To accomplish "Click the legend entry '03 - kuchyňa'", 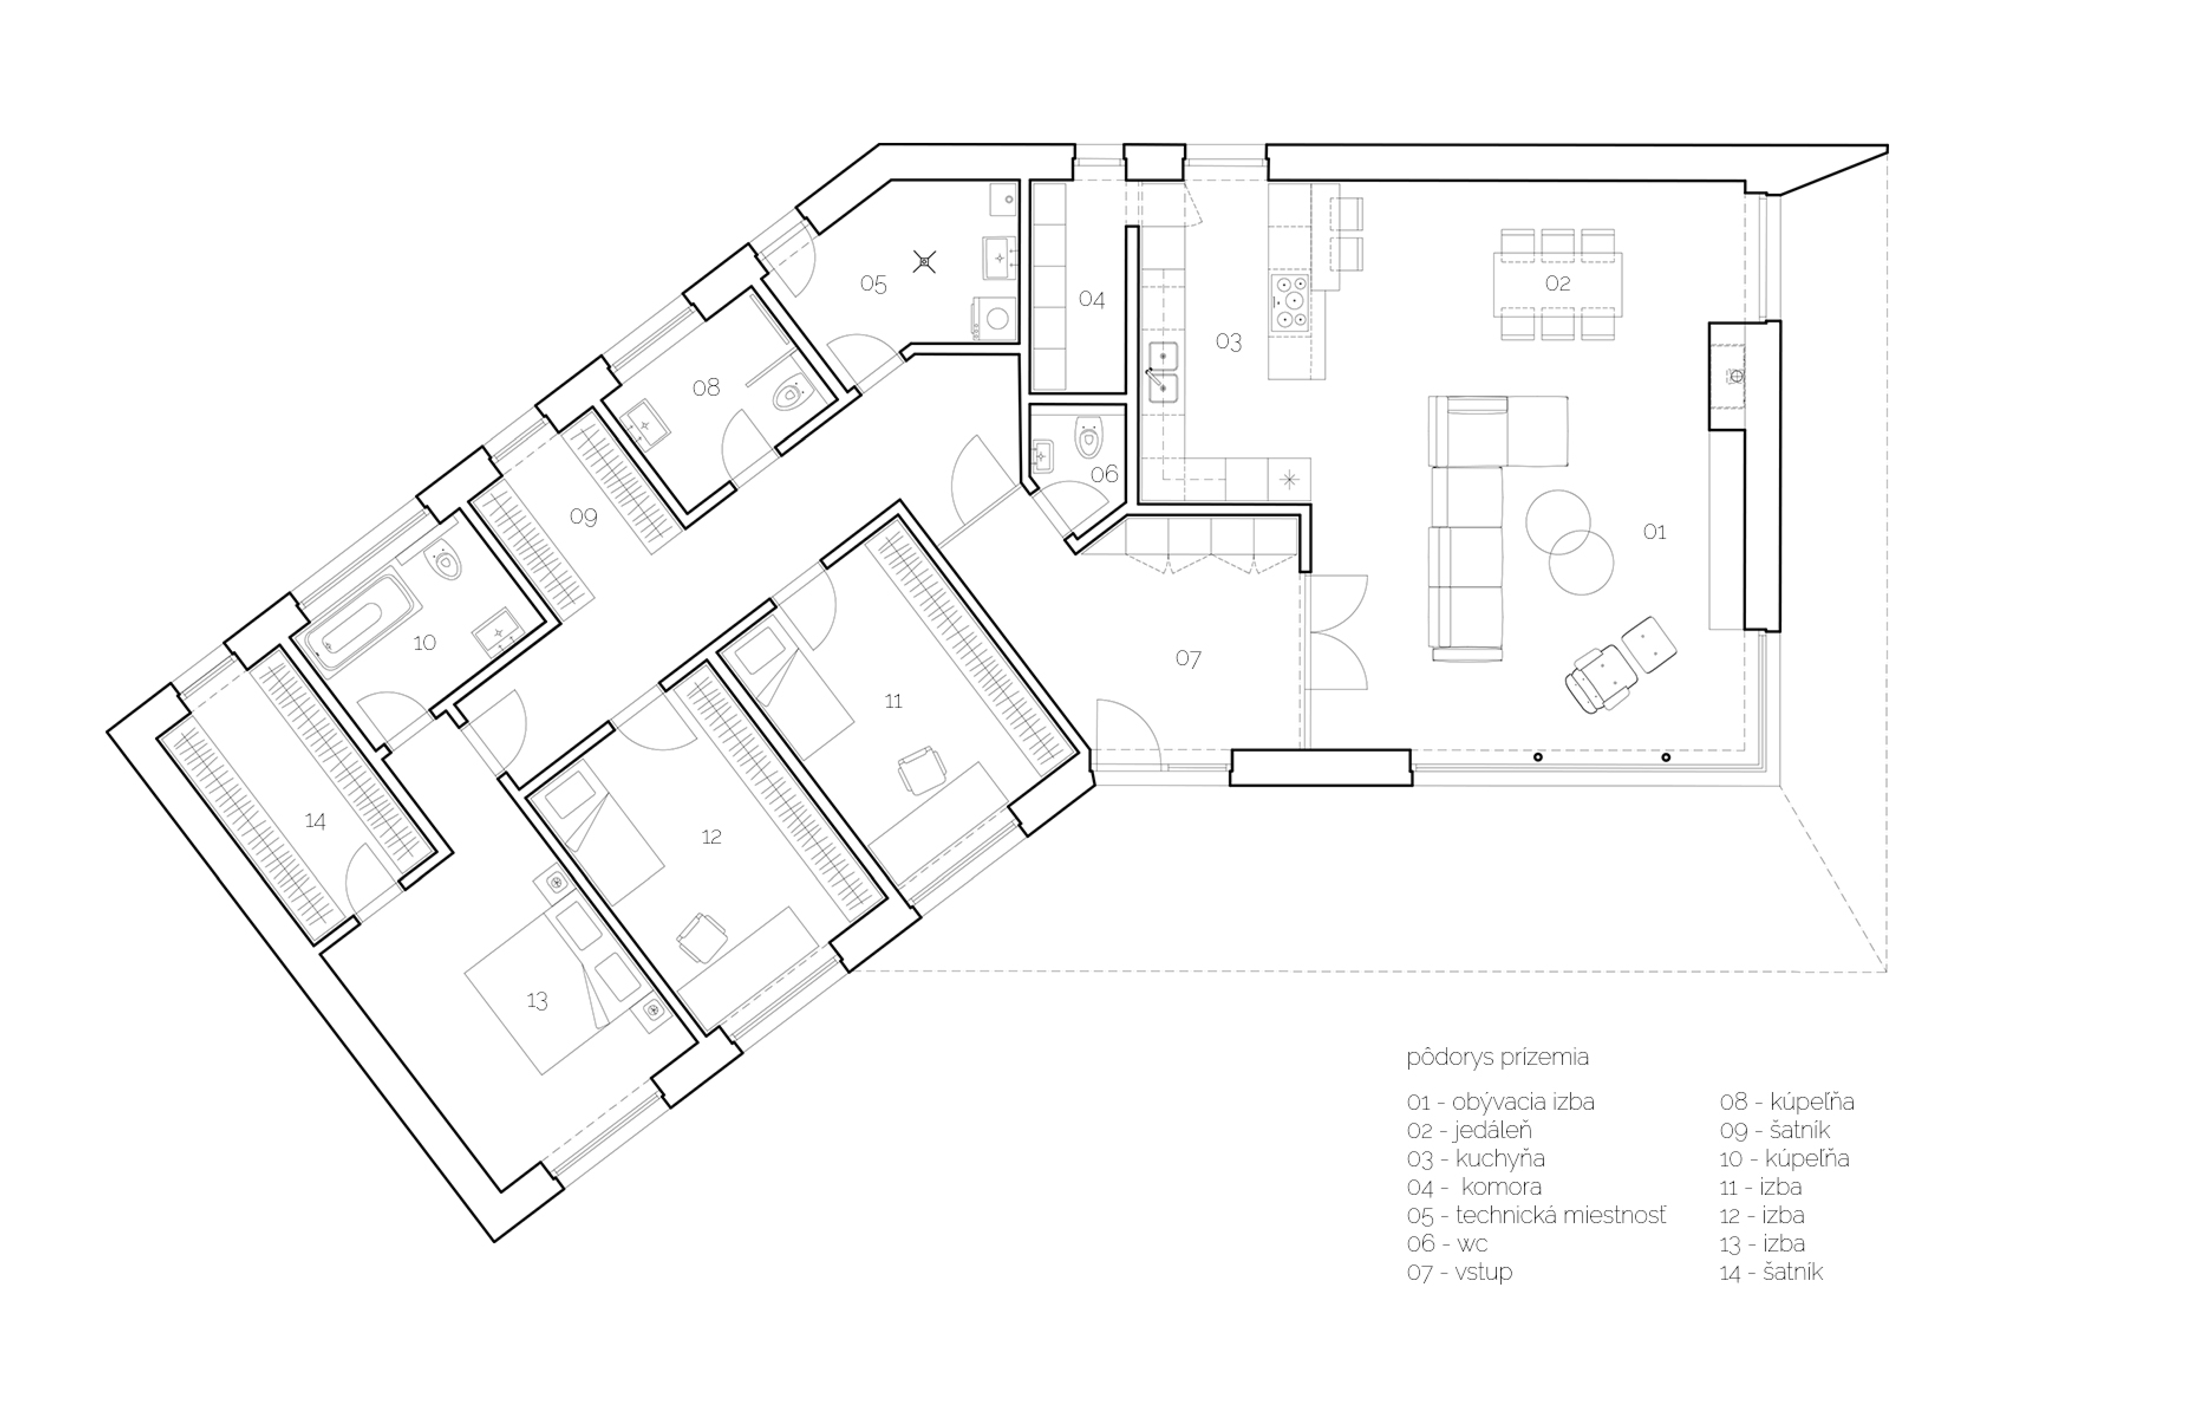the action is [x=1476, y=1158].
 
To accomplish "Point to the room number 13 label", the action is [x=537, y=1000].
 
